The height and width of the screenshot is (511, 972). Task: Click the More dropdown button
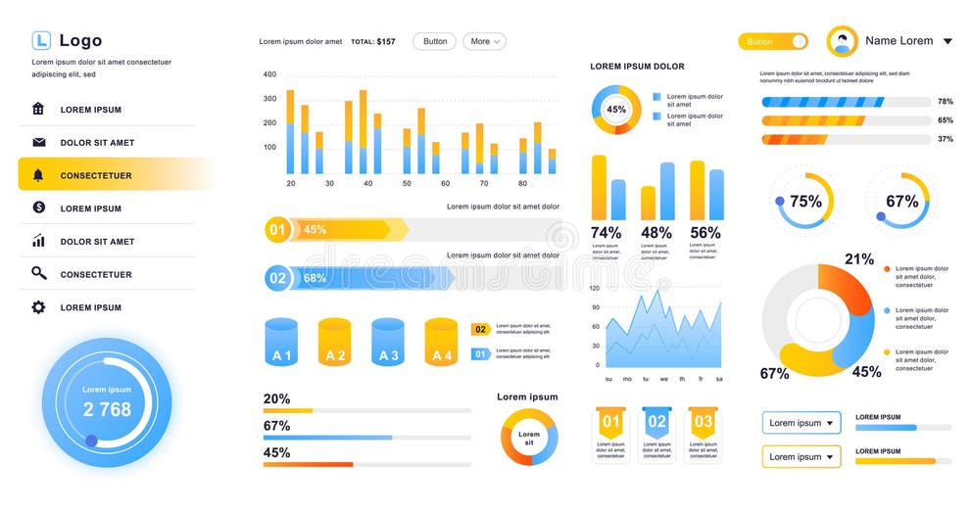pyautogui.click(x=484, y=41)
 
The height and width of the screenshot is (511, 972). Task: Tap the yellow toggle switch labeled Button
pyautogui.click(x=772, y=41)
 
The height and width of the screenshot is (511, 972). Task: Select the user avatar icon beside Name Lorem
pyautogui.click(x=842, y=41)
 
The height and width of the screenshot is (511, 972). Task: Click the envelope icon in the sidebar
pyautogui.click(x=38, y=142)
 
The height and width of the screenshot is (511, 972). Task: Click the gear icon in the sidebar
pyautogui.click(x=38, y=307)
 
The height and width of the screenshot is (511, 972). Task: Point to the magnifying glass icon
pyautogui.click(x=38, y=274)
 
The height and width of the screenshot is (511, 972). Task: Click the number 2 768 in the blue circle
pyautogui.click(x=107, y=409)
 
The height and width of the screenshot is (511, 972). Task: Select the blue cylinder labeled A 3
pyautogui.click(x=388, y=343)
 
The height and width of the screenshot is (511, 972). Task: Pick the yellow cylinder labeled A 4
pyautogui.click(x=441, y=343)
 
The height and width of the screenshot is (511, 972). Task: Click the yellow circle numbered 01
pyautogui.click(x=277, y=230)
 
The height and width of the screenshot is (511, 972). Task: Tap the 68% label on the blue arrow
pyautogui.click(x=315, y=278)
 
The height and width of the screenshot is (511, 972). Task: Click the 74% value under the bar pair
pyautogui.click(x=606, y=233)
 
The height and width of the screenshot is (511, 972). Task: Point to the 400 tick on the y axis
pyautogui.click(x=269, y=74)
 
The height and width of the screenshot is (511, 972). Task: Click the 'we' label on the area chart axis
pyautogui.click(x=664, y=379)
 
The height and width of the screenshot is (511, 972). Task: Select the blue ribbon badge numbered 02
pyautogui.click(x=656, y=422)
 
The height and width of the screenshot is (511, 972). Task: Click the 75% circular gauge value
pyautogui.click(x=805, y=202)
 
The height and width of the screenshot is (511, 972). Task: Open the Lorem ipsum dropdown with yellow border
pyautogui.click(x=802, y=456)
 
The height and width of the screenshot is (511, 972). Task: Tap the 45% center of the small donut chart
pyautogui.click(x=615, y=110)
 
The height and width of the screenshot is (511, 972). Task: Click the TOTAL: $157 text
pyautogui.click(x=373, y=42)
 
